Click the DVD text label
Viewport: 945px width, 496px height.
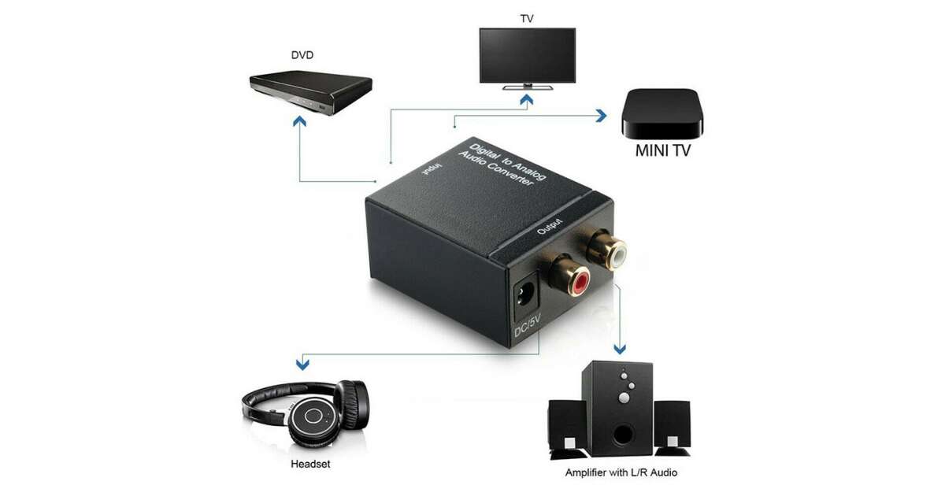coord(302,56)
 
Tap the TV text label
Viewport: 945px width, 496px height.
coord(527,17)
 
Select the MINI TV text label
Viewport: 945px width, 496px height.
coord(662,150)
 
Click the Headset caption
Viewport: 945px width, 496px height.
coord(310,464)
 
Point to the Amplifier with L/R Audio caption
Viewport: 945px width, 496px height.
coord(621,472)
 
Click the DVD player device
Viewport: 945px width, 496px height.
coord(310,93)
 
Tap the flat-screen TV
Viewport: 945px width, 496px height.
coord(527,57)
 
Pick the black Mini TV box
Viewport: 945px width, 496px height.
coord(662,113)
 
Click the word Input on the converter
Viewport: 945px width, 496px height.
coord(430,171)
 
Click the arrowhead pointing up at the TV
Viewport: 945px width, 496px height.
coord(526,99)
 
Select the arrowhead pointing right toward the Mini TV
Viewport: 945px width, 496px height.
coord(601,116)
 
